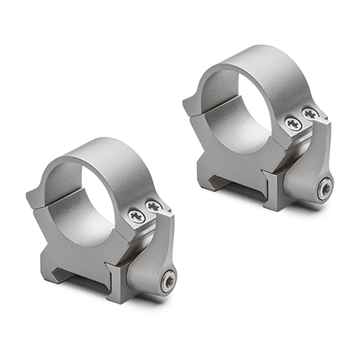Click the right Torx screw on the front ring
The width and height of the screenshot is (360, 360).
tap(152, 206)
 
